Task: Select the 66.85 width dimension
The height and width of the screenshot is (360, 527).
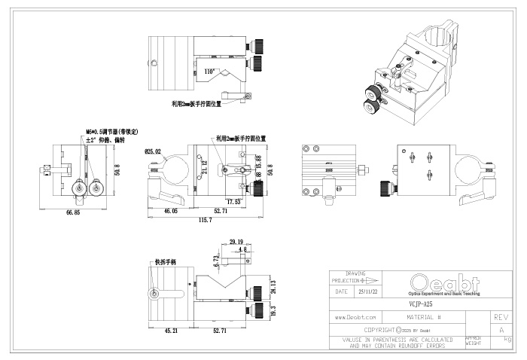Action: pos(72,213)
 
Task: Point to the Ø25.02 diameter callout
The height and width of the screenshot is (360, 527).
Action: pos(153,151)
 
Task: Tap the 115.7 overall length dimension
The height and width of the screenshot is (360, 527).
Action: pos(204,219)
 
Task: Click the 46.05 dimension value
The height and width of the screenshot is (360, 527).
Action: pos(171,212)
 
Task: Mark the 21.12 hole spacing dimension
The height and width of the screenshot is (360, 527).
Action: pos(204,167)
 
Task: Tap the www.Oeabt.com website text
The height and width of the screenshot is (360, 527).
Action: pos(355,318)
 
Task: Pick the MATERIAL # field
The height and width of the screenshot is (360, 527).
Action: pos(418,318)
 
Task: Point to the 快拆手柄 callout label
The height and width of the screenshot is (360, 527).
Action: pos(164,263)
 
